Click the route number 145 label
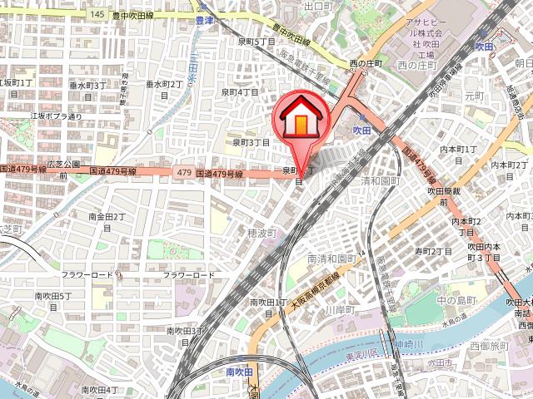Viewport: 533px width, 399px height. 98,14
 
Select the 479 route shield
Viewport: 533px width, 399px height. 183,172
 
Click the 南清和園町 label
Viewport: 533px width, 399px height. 331,259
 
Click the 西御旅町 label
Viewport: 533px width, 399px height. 489,345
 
